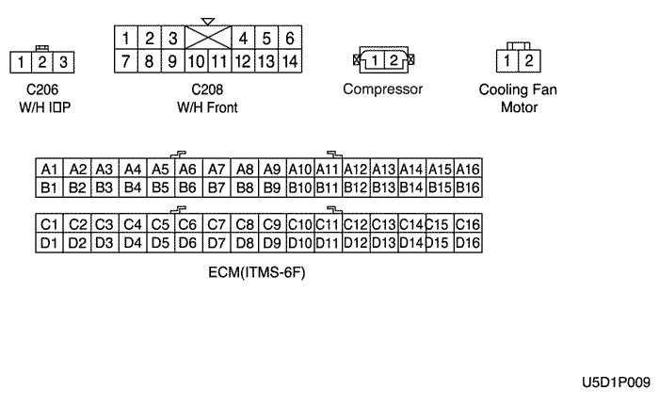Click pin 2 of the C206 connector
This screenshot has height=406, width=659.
click(x=41, y=63)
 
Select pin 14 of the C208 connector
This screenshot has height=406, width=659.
click(x=289, y=62)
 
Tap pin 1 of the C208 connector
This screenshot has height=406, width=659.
click(x=126, y=39)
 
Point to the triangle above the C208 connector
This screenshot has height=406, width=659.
click(x=208, y=21)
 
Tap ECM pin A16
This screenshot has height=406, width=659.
click(x=467, y=169)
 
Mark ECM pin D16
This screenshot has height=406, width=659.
click(x=467, y=243)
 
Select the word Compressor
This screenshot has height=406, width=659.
click(x=382, y=89)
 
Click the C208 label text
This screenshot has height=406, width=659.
click(x=207, y=90)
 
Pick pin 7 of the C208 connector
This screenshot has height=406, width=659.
click(x=126, y=62)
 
